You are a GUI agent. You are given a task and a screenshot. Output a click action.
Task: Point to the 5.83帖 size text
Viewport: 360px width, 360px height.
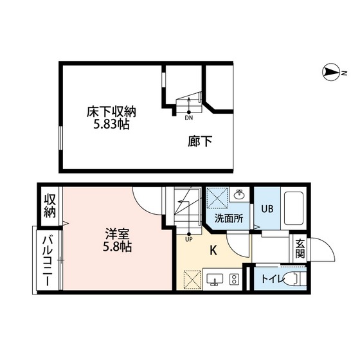click(111, 125)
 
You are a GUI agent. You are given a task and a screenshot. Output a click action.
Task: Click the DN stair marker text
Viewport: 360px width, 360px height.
click(189, 118)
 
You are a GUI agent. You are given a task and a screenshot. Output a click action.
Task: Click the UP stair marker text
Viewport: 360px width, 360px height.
click(188, 240)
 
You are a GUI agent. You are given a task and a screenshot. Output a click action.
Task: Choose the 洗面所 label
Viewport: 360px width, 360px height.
click(228, 218)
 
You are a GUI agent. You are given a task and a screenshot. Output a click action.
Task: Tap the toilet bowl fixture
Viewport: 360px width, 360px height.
click(294, 280)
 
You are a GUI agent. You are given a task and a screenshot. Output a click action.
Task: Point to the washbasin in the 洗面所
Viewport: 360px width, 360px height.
click(239, 194)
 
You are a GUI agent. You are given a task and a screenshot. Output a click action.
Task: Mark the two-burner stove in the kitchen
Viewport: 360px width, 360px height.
click(233, 280)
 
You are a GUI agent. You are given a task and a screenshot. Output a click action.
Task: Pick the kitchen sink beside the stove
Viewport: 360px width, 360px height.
click(214, 280)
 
